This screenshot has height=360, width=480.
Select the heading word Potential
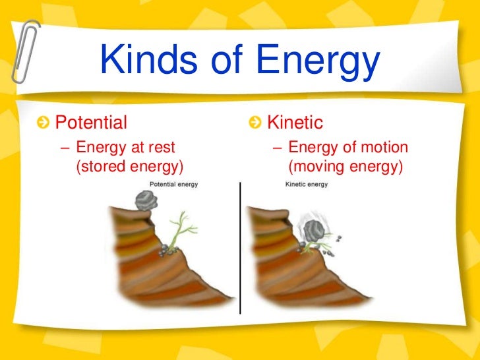click(91, 123)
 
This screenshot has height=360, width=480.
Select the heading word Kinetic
click(295, 123)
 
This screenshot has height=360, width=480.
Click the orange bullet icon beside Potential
click(44, 123)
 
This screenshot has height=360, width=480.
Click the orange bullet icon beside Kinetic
click(255, 123)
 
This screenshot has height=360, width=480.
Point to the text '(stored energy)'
click(130, 166)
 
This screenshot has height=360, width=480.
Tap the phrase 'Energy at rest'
click(126, 147)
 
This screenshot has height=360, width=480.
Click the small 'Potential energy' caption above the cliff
click(174, 185)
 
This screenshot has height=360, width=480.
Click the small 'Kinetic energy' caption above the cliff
click(306, 185)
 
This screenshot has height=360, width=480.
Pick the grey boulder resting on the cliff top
click(144, 199)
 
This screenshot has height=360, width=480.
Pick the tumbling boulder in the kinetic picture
click(313, 229)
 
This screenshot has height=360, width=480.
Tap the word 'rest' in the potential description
click(161, 147)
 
